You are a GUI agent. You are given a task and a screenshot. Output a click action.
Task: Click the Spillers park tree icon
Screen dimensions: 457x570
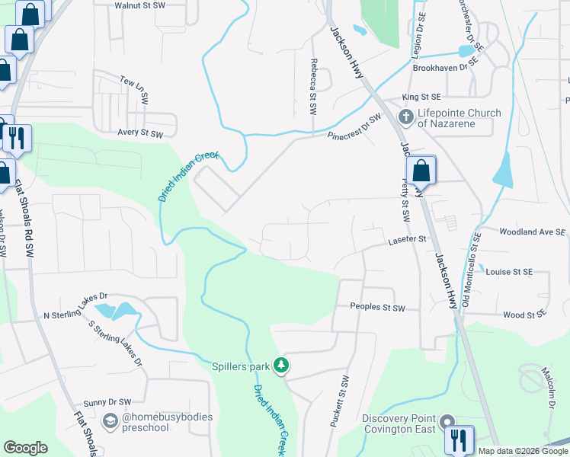[281, 366]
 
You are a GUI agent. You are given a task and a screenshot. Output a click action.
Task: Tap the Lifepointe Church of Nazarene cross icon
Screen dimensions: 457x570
[406, 118]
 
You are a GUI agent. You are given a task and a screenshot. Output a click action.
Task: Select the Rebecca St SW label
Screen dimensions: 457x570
[312, 87]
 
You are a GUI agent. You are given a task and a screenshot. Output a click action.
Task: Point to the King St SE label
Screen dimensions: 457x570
[421, 97]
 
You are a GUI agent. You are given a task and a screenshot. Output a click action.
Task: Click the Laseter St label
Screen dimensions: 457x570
[406, 238]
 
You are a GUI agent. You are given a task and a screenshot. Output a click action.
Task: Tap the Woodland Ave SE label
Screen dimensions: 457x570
[533, 232]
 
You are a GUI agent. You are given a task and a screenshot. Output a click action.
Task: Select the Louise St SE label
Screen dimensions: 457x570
[509, 271]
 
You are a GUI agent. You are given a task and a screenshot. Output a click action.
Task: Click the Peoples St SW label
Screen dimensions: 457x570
[377, 307]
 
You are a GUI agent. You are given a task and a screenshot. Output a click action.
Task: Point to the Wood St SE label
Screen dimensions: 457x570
[525, 314]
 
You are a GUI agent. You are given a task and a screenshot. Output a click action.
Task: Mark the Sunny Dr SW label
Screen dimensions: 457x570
[107, 401]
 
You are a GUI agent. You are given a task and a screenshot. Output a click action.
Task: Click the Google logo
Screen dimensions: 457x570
[25, 448]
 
